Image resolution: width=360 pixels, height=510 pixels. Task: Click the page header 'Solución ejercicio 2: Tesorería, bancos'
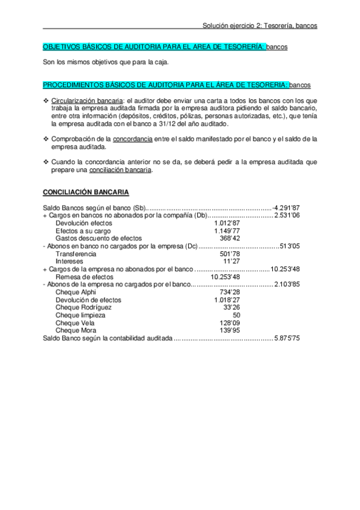coord(260,26)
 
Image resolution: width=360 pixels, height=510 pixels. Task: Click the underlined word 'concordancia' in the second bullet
coord(132,139)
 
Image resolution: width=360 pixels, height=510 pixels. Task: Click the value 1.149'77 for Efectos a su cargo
coord(227,230)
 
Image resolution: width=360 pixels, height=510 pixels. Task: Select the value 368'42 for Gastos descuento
coord(231,238)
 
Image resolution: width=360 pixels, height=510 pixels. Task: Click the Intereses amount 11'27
coord(232,262)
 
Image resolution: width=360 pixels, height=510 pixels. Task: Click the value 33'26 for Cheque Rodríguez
coord(232,307)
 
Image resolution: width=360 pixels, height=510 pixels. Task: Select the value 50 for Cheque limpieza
coord(236,315)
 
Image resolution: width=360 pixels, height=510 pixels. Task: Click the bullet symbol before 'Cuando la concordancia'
coord(46,162)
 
